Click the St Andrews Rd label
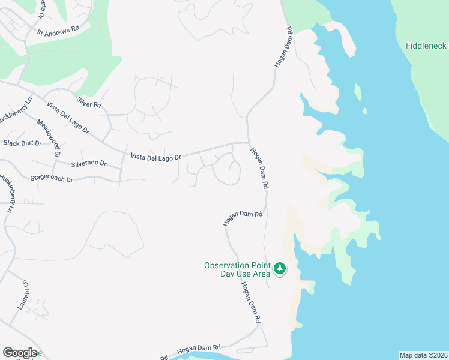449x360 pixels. click(58, 29)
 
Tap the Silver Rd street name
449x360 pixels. click(89, 103)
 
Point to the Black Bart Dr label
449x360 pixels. click(23, 143)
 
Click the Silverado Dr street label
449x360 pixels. click(88, 163)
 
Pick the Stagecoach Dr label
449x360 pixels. click(51, 179)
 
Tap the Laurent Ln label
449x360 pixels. click(24, 294)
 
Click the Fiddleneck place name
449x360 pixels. click(427, 46)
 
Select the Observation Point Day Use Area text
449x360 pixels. click(237, 269)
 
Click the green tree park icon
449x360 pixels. click(279, 269)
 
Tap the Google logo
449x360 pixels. click(20, 353)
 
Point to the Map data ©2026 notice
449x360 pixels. click(423, 355)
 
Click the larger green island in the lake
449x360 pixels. click(358, 92)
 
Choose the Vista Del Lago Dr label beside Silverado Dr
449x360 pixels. click(155, 157)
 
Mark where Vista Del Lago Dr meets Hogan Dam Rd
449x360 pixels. click(247, 143)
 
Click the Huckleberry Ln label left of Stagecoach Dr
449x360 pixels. click(7, 194)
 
